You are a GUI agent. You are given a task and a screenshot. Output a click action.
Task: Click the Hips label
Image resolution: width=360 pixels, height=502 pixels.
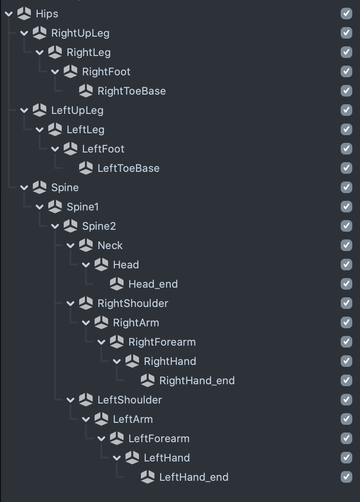coord(47,14)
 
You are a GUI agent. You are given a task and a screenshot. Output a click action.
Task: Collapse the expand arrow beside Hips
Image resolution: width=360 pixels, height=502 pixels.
coord(9,14)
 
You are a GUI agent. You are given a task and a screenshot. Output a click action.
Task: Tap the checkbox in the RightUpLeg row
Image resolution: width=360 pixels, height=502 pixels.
coord(346,33)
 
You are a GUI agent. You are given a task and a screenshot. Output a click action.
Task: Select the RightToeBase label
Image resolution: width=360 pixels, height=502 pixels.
coord(131,91)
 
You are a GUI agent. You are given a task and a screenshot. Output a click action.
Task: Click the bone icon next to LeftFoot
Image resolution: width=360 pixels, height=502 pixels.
coord(70,149)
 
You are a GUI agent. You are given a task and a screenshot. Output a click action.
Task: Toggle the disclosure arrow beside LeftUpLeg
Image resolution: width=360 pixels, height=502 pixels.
coord(24,110)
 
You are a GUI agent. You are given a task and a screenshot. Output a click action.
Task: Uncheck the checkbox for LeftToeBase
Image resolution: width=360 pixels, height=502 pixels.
coord(346,168)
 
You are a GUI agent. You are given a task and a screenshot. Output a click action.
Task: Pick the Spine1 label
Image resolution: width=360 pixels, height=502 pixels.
coord(83,207)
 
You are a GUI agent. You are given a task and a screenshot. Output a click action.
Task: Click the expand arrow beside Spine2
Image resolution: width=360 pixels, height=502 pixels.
coord(55,226)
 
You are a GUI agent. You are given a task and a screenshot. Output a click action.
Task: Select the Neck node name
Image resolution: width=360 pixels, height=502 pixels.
coord(110,245)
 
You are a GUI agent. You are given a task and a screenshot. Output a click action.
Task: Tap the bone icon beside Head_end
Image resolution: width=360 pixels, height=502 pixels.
coord(117,284)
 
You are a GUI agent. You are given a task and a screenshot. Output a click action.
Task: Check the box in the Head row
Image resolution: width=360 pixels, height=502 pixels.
coord(346,265)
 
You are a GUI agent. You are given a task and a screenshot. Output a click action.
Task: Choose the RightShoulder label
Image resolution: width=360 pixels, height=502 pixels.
coord(133,303)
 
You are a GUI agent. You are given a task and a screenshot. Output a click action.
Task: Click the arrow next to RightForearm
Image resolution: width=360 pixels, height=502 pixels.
coord(101,342)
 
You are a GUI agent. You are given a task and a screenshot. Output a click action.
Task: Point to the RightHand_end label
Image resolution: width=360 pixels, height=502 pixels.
coord(197,380)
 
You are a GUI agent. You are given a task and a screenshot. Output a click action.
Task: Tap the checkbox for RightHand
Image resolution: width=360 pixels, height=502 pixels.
coord(346,361)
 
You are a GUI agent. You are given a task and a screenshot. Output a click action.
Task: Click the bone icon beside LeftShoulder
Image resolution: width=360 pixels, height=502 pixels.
coord(86,400)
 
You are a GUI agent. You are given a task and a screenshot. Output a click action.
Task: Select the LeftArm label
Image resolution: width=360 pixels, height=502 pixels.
coord(133,419)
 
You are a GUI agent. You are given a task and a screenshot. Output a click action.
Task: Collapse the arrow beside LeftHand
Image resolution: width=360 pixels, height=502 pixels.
coord(117,458)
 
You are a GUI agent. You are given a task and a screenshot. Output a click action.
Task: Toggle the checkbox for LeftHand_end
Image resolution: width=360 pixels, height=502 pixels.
coord(346,477)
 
